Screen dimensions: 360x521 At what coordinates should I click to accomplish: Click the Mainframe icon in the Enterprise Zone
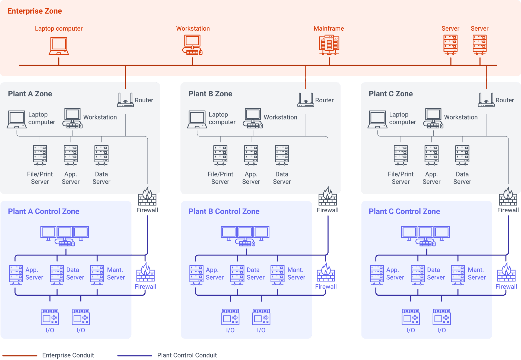(x=329, y=45)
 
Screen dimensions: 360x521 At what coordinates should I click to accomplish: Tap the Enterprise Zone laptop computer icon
(x=59, y=46)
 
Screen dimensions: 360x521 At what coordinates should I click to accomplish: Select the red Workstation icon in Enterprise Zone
(x=192, y=45)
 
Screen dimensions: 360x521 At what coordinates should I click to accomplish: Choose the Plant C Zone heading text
(x=390, y=94)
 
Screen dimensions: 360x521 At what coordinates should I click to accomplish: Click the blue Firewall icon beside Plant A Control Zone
(x=145, y=273)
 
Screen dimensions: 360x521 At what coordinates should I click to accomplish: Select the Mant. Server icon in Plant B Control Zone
(x=278, y=275)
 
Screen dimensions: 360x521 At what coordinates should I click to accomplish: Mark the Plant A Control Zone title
(x=44, y=211)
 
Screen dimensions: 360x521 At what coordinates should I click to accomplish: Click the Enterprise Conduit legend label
(x=68, y=355)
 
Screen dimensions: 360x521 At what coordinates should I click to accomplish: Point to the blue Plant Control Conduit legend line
(x=135, y=355)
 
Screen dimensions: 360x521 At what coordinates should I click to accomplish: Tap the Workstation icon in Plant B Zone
(x=253, y=118)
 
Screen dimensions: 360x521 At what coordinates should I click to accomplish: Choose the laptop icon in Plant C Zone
(x=377, y=119)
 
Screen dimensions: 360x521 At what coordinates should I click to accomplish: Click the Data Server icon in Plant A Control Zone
(x=57, y=275)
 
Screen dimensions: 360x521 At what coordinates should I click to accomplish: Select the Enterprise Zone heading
(x=35, y=11)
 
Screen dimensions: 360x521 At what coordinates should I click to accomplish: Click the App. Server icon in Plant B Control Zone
(x=196, y=275)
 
